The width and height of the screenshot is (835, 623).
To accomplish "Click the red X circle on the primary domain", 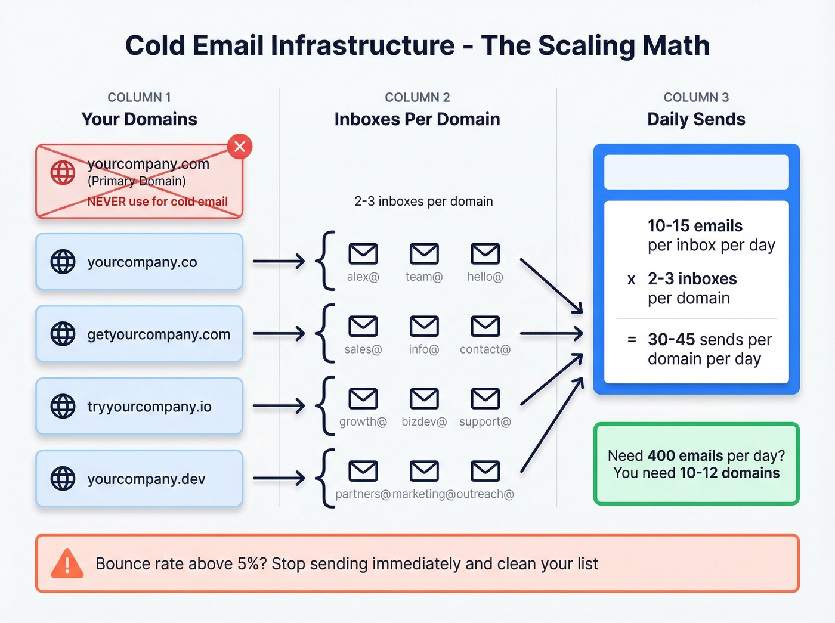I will pos(240,147).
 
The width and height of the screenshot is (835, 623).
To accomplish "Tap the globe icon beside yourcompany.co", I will pos(63,262).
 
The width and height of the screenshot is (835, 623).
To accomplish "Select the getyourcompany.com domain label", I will pos(159,334).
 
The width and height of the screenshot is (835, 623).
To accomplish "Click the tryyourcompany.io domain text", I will pos(149,407).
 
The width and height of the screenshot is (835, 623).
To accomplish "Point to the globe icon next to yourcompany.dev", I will pos(63,479).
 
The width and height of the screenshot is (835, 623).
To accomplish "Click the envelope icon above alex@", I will pos(363,254).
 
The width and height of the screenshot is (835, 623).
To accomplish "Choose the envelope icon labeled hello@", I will pos(485,254).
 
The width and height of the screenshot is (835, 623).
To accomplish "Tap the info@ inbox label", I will pos(424,349).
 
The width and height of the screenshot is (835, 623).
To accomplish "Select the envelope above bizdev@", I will pos(424,399).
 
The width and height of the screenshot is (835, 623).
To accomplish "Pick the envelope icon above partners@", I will pos(363,472).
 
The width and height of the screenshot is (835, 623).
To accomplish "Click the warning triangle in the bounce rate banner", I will pos(67,563).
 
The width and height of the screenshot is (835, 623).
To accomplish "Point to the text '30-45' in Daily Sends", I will pos(671,340).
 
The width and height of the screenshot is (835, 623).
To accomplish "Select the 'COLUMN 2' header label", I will pos(417,97).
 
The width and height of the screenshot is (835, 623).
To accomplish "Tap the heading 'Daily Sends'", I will pos(696,119).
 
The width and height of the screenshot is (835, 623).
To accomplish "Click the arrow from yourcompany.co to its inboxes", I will pos(279,261).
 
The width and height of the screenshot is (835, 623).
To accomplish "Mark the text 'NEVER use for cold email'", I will pos(157,202).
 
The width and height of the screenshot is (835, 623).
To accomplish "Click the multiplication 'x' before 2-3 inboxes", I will pos(632,280).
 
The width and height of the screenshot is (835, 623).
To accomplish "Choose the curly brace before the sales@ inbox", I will pos(325,333).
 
